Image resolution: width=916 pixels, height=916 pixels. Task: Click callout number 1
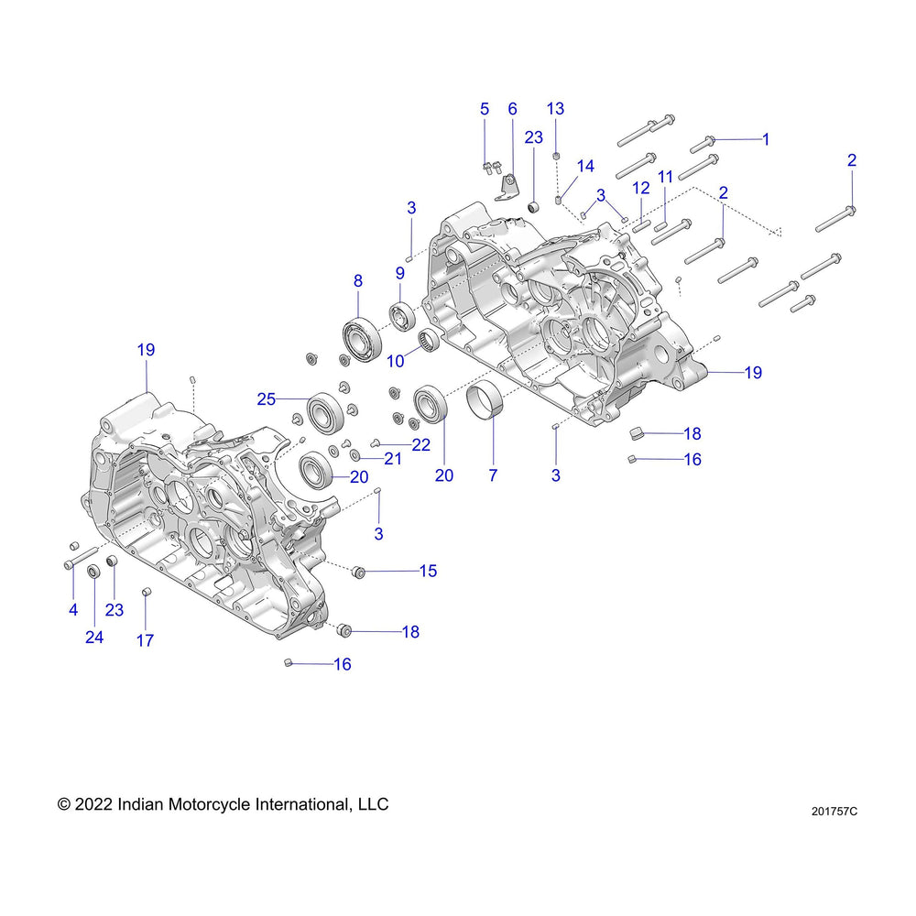pyautogui.click(x=766, y=139)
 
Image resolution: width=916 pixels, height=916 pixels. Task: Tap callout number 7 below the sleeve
pyautogui.click(x=493, y=474)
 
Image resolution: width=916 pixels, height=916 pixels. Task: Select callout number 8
pyautogui.click(x=358, y=282)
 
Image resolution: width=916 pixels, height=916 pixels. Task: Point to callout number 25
pyautogui.click(x=267, y=398)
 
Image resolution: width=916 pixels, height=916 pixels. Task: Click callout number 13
pyautogui.click(x=555, y=109)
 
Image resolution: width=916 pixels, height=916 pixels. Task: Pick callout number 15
pyautogui.click(x=428, y=571)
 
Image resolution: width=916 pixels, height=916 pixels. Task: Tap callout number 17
pyautogui.click(x=146, y=640)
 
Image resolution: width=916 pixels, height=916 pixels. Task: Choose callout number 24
pyautogui.click(x=94, y=637)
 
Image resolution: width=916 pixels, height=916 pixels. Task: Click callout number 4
pyautogui.click(x=72, y=610)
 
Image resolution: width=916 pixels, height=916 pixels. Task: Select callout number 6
pyautogui.click(x=512, y=109)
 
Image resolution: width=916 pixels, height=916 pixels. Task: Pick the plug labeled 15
pyautogui.click(x=359, y=573)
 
